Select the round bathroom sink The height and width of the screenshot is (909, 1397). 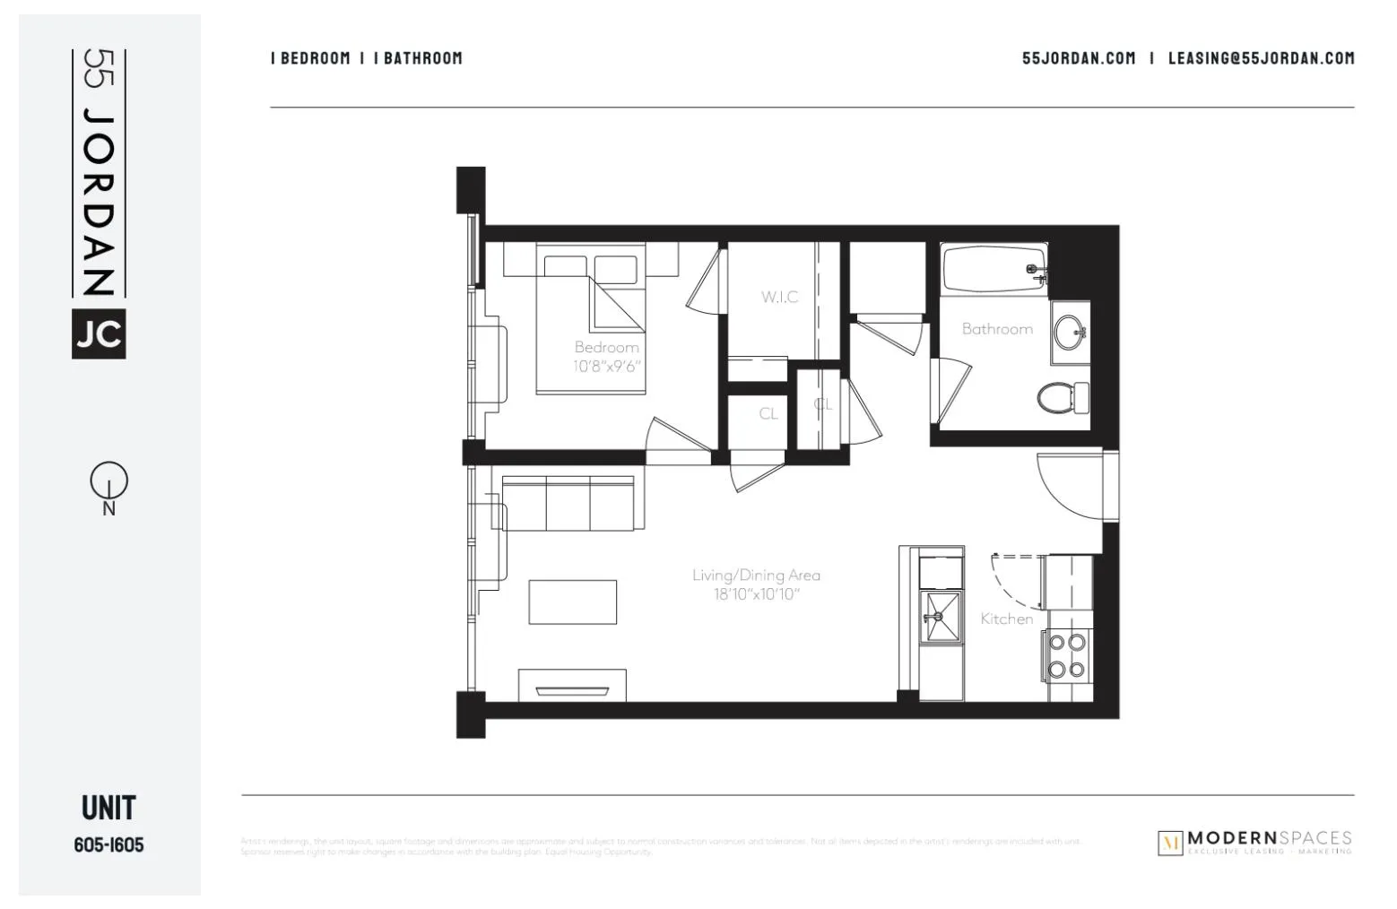pos(1069,333)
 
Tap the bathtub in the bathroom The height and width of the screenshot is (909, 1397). pos(994,268)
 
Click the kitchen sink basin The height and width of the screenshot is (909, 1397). pos(941,617)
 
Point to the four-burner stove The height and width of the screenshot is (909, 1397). pos(1067,655)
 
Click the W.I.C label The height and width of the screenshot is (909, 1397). pos(779,297)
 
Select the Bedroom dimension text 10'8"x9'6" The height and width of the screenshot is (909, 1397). pos(607,366)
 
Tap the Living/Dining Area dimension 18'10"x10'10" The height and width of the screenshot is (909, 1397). pos(756,594)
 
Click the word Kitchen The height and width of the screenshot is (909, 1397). pos(1006,619)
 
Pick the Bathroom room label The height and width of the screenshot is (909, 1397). pos(996,329)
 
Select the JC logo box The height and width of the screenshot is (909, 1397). pos(99,334)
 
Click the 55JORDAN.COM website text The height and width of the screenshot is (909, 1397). pos(1078,58)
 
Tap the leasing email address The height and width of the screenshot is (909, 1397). pos(1261,58)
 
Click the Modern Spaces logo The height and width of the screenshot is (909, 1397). pos(1254,842)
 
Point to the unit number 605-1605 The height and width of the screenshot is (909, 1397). pos(108,844)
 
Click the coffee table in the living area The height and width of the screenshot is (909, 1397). pos(572,602)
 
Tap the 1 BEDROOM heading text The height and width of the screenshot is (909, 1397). pos(310,58)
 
